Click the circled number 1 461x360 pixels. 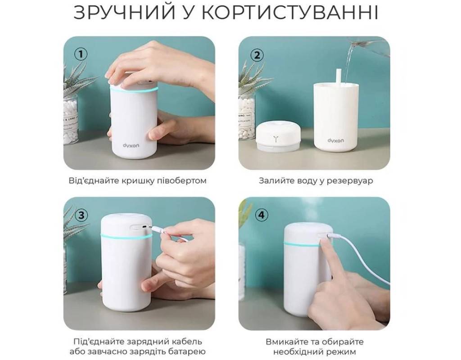point(81,54)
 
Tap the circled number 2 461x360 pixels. point(257,55)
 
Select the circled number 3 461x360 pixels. point(81,216)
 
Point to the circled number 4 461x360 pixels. point(262,216)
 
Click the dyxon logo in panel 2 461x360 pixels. point(335,140)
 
